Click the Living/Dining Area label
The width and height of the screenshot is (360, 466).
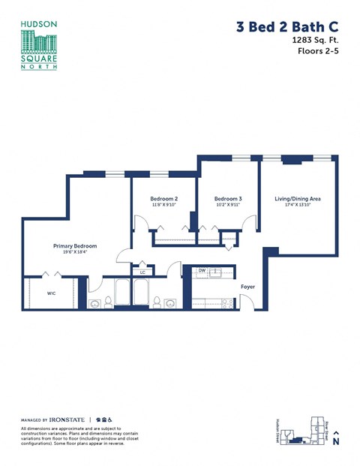pyautogui.click(x=297, y=198)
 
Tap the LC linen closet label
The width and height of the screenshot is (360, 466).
pyautogui.click(x=142, y=272)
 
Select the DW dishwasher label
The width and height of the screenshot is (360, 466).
pyautogui.click(x=202, y=271)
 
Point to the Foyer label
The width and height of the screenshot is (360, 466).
pyautogui.click(x=247, y=287)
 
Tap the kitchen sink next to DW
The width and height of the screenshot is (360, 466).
pyautogui.click(x=216, y=272)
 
